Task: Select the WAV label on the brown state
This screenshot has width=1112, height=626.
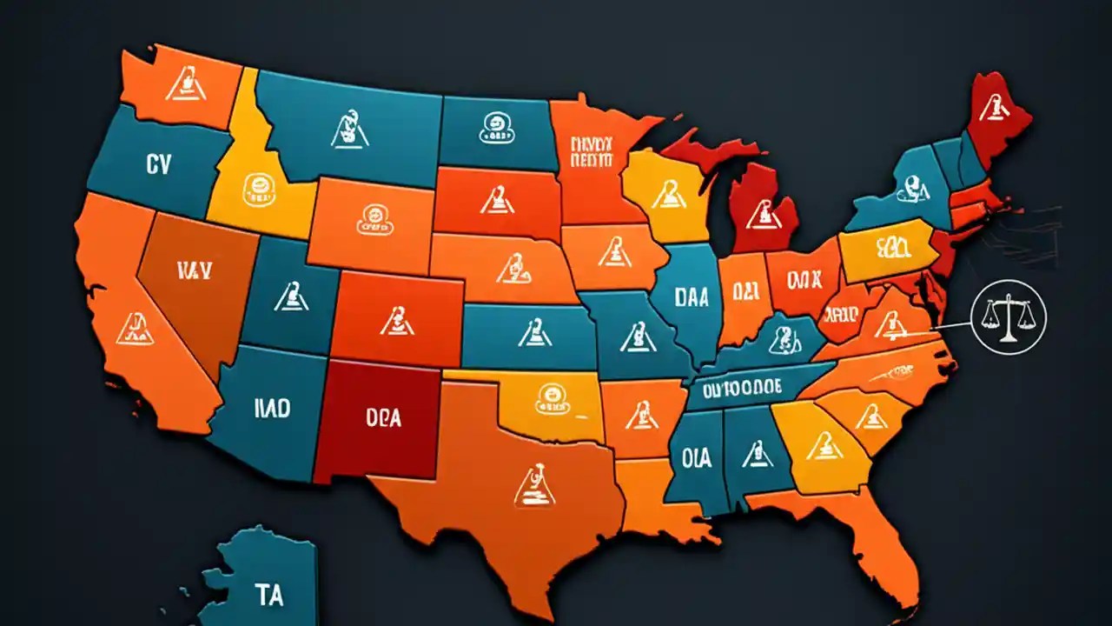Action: pos(195,270)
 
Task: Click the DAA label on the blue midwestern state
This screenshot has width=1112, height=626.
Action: pos(692,296)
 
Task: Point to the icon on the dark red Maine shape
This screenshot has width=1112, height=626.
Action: pos(991,108)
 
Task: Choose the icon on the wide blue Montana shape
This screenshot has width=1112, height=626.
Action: pos(348,129)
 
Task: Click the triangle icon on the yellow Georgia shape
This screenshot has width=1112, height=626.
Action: pos(821,445)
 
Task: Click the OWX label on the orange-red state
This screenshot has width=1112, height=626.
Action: pos(803,281)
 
